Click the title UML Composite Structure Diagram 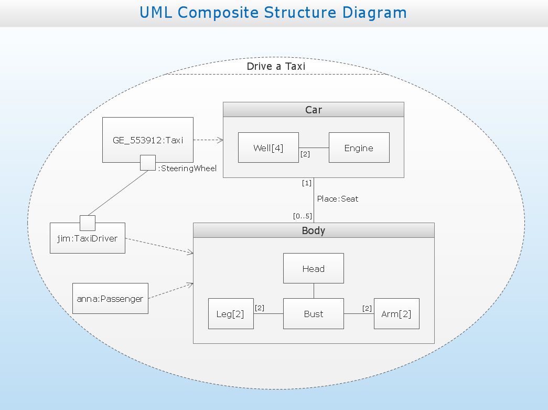[x=273, y=13]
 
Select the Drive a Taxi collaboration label [x=276, y=67]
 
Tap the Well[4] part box [x=268, y=148]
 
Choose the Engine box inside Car [x=359, y=148]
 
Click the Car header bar [x=313, y=110]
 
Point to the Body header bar [x=313, y=230]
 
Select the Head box [x=313, y=269]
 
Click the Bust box [x=313, y=314]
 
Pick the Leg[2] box [x=230, y=314]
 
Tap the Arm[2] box [x=396, y=314]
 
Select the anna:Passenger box [x=110, y=299]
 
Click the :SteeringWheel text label [x=187, y=169]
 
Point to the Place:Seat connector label [x=338, y=199]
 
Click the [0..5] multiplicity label [x=303, y=216]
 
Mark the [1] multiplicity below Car [x=306, y=183]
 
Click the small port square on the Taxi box [x=148, y=163]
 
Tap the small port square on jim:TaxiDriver [x=88, y=223]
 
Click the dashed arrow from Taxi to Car [x=208, y=140]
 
